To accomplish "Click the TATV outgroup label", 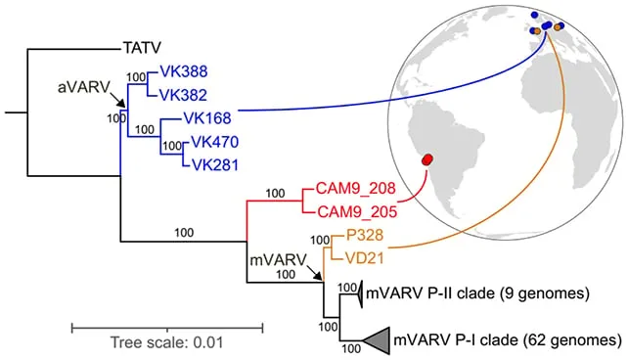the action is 142,48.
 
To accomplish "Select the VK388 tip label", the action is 184,71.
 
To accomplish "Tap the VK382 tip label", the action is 184,95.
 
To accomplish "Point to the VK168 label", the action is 207,118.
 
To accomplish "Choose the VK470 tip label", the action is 214,142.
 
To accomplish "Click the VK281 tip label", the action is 214,165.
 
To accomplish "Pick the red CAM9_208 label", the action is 356,188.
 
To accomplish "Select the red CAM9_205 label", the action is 357,212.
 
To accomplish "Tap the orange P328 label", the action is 365,235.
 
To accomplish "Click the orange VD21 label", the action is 364,258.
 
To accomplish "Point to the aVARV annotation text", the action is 84,87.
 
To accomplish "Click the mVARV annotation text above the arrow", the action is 278,260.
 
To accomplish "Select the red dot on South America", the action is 427,159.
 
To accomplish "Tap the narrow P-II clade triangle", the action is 360,293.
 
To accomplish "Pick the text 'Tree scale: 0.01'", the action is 166,343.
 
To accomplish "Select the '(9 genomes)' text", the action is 546,293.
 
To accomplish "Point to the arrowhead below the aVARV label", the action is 122,104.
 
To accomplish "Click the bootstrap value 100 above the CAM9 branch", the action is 275,194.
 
